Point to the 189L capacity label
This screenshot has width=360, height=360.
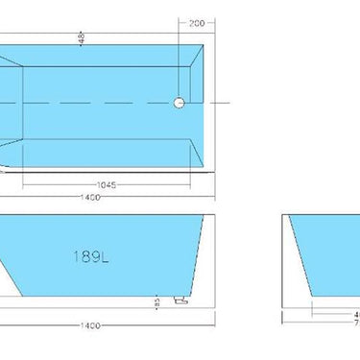[90, 256]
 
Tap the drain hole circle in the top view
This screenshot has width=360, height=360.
[179, 103]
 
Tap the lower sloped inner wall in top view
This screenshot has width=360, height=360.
[106, 156]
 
